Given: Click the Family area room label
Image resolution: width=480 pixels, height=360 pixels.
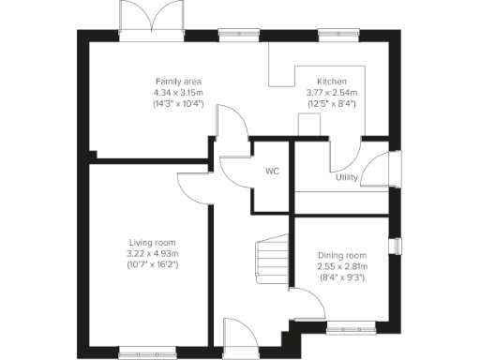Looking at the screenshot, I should pos(178,82).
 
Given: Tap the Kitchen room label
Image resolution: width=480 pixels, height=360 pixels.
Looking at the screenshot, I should pos(331,82).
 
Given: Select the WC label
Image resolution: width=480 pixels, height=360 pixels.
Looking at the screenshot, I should pos(273,172).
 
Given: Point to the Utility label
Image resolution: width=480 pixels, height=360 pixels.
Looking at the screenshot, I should pos(346,177).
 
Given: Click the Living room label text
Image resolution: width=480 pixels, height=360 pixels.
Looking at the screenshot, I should pos(152,243).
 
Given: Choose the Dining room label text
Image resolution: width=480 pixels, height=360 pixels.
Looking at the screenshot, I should pos(342,256).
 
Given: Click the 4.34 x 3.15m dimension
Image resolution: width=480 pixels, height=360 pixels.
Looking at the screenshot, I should pos(178,92).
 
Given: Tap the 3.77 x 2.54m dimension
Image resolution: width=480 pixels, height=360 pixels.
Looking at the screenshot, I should pos(331,92).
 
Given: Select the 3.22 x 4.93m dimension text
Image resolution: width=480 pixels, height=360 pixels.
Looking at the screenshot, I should pos(152,253).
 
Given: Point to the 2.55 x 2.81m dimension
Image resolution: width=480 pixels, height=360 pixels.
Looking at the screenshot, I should pos(342,266).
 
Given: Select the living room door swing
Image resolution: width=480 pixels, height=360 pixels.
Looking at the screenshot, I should pos(192,187).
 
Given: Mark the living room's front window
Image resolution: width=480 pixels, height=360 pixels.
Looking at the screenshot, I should pos(144,352).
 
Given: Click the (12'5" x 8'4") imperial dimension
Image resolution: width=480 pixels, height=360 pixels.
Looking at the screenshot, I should pos(331,103).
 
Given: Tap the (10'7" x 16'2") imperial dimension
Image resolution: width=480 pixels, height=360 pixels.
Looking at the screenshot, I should pos(152,265).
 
